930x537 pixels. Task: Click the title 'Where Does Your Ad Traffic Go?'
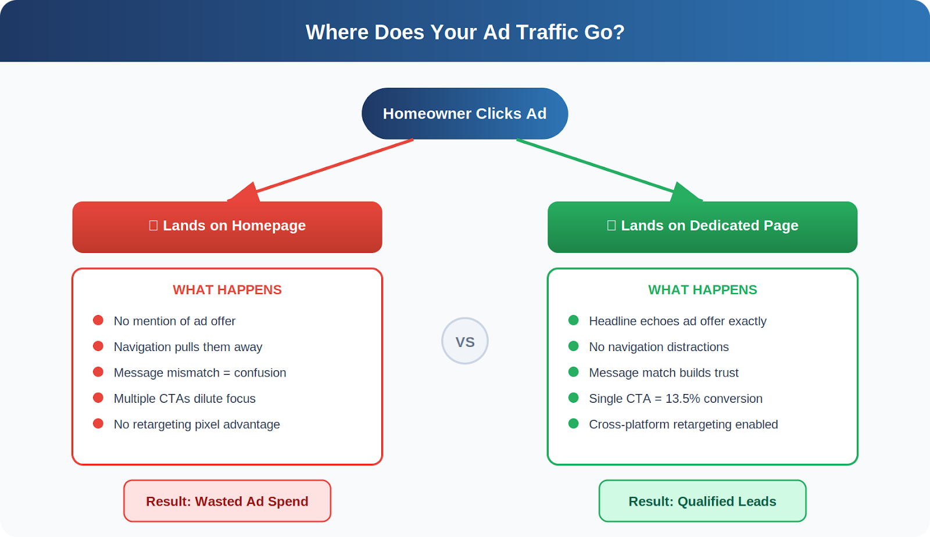[465, 32]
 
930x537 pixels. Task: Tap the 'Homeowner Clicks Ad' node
[464, 113]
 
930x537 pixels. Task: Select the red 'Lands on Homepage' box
[227, 227]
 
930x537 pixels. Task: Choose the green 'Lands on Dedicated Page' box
[702, 227]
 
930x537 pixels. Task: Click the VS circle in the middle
[465, 341]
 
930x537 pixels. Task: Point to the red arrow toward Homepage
[325, 169]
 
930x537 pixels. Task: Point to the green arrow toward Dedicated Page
[604, 169]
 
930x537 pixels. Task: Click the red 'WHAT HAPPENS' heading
[227, 289]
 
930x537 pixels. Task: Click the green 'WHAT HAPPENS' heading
[702, 289]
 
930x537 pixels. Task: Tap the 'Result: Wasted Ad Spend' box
[227, 501]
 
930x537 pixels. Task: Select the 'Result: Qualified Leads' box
[702, 501]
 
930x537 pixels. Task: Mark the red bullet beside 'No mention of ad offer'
[98, 320]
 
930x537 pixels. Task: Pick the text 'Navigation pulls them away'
[188, 347]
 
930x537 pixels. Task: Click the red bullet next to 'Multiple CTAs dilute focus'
[98, 398]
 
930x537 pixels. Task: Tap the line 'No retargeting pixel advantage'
[196, 424]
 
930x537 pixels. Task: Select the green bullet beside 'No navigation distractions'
[574, 346]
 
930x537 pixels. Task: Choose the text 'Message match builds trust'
[663, 373]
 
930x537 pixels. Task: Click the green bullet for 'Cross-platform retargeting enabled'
[574, 424]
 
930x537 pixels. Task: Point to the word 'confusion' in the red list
[260, 373]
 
